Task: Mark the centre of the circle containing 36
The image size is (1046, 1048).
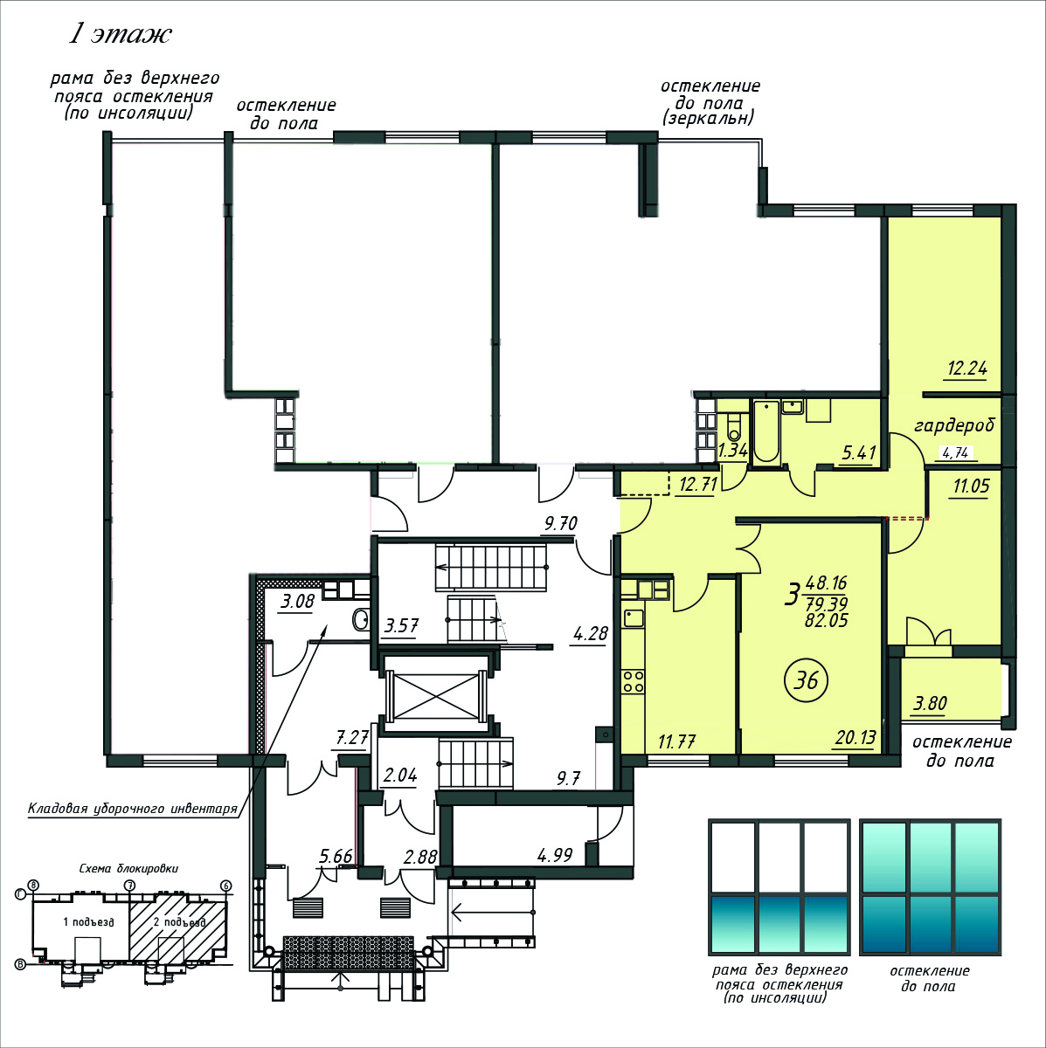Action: point(806,680)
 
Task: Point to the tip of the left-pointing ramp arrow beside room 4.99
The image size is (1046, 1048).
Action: point(453,912)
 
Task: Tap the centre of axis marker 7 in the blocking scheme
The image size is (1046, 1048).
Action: point(129,886)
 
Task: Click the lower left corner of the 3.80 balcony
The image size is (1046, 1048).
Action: point(901,721)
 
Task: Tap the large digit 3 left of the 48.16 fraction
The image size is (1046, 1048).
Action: point(792,595)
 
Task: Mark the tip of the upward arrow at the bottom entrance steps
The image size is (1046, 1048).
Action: point(341,972)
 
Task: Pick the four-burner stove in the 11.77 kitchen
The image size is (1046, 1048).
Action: point(633,681)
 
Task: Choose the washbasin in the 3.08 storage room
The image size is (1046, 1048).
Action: point(360,619)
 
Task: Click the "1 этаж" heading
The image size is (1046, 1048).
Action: point(121,34)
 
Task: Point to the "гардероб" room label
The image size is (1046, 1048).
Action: point(953,424)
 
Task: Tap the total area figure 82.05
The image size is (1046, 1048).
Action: point(826,620)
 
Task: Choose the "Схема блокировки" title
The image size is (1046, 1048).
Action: point(128,868)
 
